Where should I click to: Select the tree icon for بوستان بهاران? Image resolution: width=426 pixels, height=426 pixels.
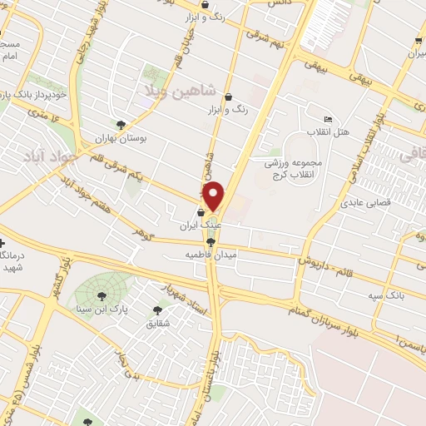(122, 126)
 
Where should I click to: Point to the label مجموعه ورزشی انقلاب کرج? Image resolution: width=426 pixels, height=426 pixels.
(298, 169)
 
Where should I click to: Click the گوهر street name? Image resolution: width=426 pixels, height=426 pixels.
(146, 229)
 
